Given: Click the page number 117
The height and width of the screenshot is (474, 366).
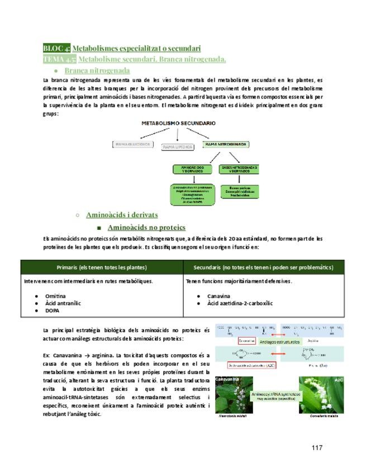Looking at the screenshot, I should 317,448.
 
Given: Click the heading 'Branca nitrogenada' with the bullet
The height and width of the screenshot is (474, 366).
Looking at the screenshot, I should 97,70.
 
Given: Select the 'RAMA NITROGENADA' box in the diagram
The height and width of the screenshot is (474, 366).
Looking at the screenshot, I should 226,144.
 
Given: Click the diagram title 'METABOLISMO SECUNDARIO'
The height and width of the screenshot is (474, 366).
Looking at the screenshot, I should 178,122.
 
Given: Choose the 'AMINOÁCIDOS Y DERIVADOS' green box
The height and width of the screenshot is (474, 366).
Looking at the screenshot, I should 192,169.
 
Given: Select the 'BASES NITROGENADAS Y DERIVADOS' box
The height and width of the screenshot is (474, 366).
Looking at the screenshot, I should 240,169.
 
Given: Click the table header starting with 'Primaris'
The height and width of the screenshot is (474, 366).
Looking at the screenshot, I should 102,267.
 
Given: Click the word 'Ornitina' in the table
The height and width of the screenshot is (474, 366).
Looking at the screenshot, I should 55,295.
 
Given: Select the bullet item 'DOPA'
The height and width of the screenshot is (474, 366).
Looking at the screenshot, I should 52,310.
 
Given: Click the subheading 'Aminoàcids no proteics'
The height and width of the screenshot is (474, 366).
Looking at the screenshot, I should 146,227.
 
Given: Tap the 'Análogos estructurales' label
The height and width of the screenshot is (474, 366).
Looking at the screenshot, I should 279,341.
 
